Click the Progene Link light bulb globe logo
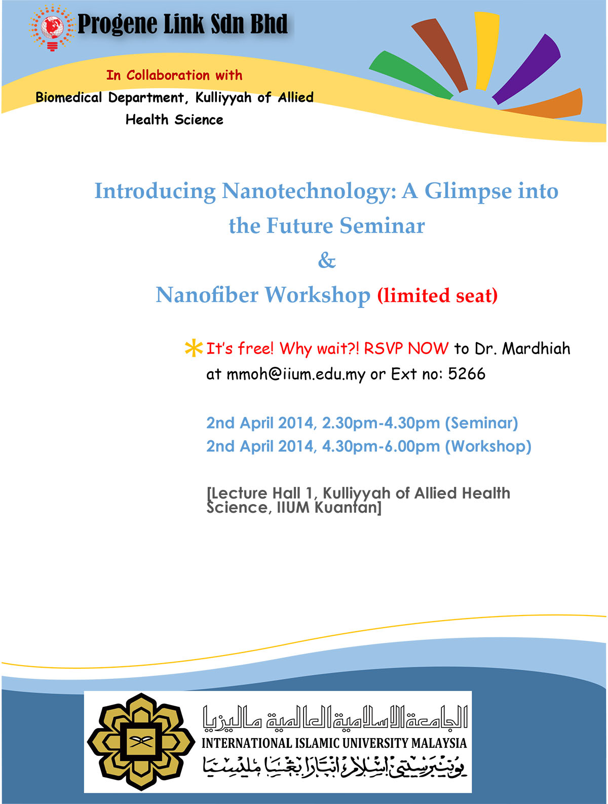click(52, 28)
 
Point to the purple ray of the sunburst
click(527, 68)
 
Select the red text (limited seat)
click(437, 295)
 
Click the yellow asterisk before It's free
click(194, 349)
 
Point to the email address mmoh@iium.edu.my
click(296, 374)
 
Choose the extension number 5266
click(467, 374)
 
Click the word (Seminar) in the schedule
click(481, 423)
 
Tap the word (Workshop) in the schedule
click(488, 446)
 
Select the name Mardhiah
click(536, 349)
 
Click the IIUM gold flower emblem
click(141, 742)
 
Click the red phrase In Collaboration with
click(174, 75)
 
